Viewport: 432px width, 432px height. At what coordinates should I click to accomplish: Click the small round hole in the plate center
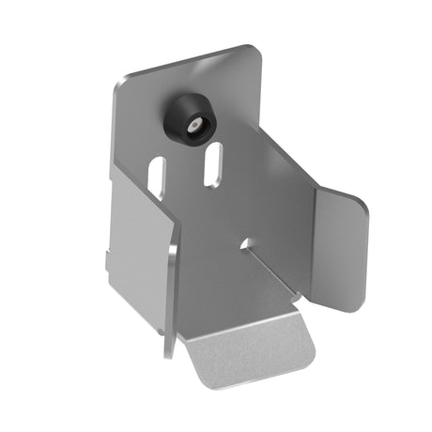click(246, 242)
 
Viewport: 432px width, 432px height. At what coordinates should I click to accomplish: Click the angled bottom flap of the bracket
click(249, 347)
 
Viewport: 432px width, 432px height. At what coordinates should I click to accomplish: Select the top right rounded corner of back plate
click(252, 52)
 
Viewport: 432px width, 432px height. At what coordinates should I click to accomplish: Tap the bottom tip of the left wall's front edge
click(168, 355)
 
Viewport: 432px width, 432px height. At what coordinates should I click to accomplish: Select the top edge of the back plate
click(183, 64)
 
